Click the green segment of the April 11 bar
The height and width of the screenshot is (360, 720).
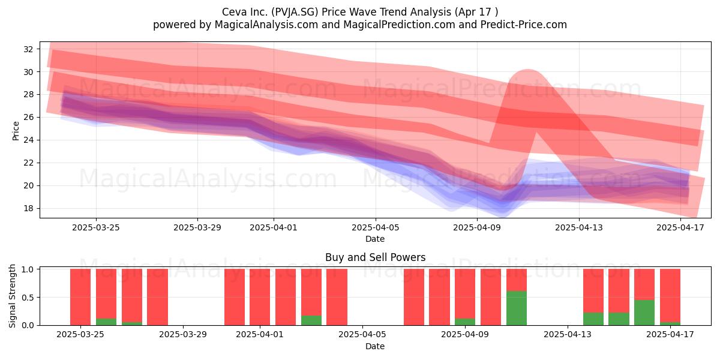[517, 308]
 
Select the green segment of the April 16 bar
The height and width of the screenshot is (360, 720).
[644, 313]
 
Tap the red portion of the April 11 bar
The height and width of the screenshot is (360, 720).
[517, 280]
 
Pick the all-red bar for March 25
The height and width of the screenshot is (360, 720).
[80, 297]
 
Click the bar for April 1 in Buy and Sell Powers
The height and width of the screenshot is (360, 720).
[260, 297]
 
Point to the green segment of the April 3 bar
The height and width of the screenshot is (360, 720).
[311, 320]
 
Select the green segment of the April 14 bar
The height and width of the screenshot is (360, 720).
[593, 319]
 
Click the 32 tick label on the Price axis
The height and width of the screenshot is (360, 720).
[28, 49]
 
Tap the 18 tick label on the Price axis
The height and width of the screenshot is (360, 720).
[28, 208]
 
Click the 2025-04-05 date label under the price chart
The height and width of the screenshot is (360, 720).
[375, 227]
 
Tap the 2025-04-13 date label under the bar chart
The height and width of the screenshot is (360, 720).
[568, 335]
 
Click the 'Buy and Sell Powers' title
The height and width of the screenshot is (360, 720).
[375, 257]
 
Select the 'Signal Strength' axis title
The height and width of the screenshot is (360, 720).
[12, 296]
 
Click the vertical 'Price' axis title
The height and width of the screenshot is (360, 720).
[16, 131]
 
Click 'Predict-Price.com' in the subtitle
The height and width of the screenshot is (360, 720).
[524, 25]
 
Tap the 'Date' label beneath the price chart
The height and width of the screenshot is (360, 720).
[375, 239]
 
